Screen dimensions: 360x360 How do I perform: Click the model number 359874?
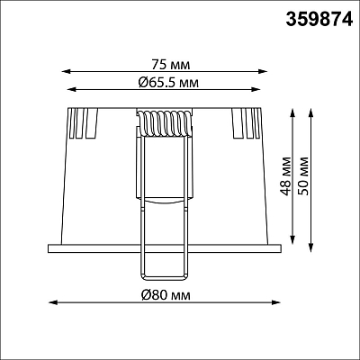pos(319,20)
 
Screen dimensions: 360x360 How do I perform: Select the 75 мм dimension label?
pos(170,65)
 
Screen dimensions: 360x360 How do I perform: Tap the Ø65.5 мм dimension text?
pos(168,82)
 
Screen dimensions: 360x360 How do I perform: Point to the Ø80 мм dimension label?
pos(166,295)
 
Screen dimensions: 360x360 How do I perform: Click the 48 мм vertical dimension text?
pos(287,176)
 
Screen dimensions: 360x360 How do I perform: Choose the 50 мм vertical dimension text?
pos(304,176)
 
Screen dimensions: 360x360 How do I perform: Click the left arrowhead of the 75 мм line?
pos(66,71)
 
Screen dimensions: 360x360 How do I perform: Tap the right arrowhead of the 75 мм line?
pos(263,71)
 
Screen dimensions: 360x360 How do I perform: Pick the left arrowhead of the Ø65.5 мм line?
pos(72,89)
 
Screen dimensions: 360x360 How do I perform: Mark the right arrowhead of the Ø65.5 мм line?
pos(256,89)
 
